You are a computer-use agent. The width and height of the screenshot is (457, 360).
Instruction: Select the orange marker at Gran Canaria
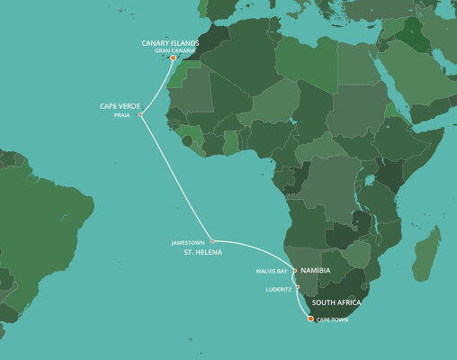(x=173, y=58)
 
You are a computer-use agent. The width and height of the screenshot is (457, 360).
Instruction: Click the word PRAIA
(x=122, y=115)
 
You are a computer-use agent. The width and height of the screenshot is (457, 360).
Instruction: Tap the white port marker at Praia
(x=141, y=114)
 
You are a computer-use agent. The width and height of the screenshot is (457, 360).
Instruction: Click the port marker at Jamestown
(x=212, y=241)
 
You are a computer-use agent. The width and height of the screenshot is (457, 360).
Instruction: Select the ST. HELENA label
(x=199, y=253)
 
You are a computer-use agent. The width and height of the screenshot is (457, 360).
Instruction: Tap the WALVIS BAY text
(x=273, y=270)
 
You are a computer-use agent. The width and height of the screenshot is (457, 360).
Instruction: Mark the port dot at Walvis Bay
(x=294, y=269)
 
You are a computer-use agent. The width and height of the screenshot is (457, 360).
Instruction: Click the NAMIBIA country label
(x=315, y=269)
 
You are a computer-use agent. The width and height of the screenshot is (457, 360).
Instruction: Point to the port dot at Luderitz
(x=298, y=288)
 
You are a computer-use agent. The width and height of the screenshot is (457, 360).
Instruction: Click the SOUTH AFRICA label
(x=336, y=303)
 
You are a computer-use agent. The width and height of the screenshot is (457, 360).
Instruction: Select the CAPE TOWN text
(x=332, y=319)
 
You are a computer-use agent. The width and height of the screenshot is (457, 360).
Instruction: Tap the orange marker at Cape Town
(x=310, y=319)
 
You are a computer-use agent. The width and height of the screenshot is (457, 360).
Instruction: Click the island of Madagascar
(x=426, y=254)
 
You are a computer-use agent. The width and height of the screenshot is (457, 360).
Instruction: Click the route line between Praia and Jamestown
(x=175, y=180)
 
